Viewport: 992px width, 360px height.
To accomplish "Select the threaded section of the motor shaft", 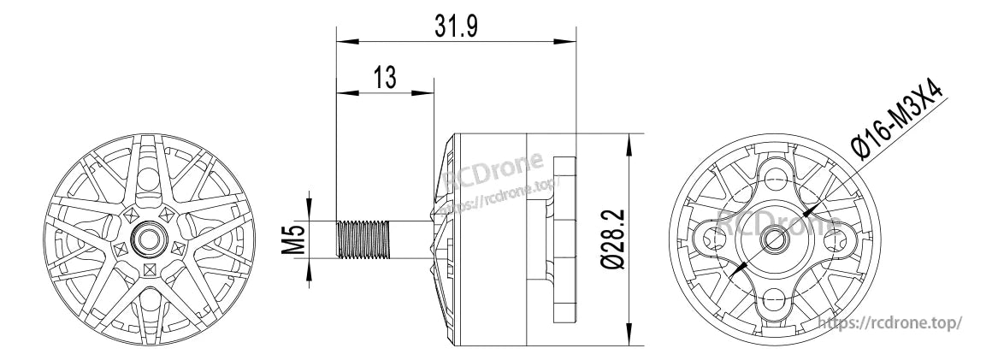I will (365, 239).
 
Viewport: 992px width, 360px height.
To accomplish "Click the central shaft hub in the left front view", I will (151, 237).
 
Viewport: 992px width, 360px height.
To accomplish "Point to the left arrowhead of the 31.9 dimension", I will (342, 39).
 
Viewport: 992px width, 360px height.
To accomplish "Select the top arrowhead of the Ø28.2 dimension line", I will (630, 138).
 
